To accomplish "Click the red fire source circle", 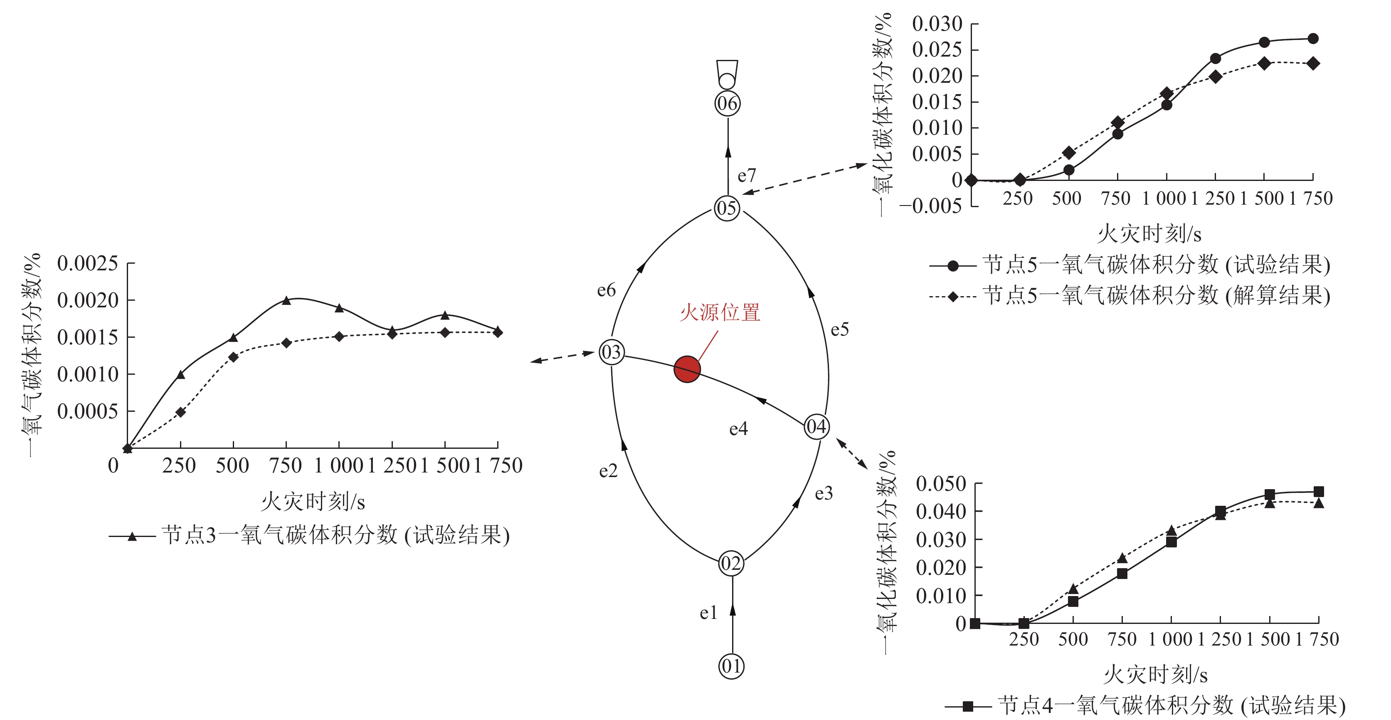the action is (x=687, y=369).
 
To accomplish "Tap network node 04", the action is (x=816, y=427).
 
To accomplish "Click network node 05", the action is (x=726, y=208).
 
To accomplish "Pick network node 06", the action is (x=728, y=103).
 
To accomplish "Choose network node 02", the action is (x=731, y=563).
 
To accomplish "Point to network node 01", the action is (x=731, y=666).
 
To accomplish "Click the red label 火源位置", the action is (x=720, y=313).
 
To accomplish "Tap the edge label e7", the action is (x=747, y=176).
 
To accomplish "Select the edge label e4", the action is (x=738, y=429).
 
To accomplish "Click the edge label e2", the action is (x=608, y=471).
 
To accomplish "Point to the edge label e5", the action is (x=840, y=329).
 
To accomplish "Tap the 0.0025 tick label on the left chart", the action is (x=87, y=264).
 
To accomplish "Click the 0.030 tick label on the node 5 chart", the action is (x=937, y=24).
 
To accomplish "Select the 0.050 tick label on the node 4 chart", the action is (x=941, y=483).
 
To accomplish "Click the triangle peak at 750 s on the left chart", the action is (x=286, y=300).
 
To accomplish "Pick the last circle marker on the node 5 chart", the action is (x=1313, y=38).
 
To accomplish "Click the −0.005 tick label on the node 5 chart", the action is (x=930, y=206).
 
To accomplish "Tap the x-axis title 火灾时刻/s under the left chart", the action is (x=313, y=501).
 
